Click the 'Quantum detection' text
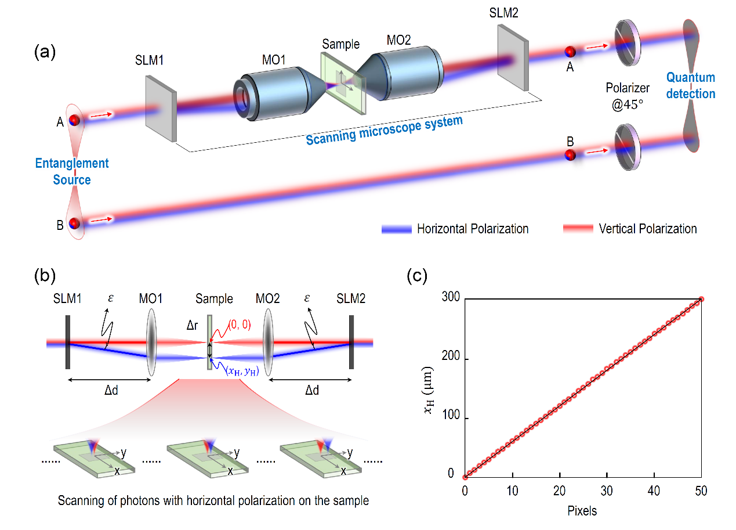pyautogui.click(x=690, y=85)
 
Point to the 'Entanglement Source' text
pyautogui.click(x=72, y=171)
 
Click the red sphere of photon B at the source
pyautogui.click(x=74, y=223)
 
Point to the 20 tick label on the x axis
pyautogui.click(x=559, y=491)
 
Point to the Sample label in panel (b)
pyautogui.click(x=214, y=299)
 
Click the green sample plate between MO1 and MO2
pyautogui.click(x=342, y=81)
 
